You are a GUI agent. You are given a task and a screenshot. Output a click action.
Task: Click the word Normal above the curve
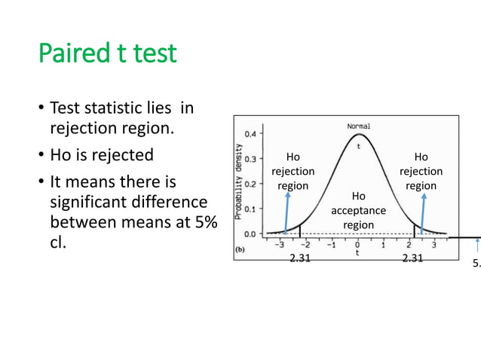[358, 126]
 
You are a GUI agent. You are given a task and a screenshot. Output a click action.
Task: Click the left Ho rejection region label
[293, 171]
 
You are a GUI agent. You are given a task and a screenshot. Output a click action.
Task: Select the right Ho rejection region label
[421, 171]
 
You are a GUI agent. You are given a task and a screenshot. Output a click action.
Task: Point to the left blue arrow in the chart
[287, 212]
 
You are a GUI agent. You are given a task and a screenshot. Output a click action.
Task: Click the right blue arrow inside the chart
[424, 212]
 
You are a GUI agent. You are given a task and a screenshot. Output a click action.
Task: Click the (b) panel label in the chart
[241, 249]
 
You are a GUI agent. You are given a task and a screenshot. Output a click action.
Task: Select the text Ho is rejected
[101, 155]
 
